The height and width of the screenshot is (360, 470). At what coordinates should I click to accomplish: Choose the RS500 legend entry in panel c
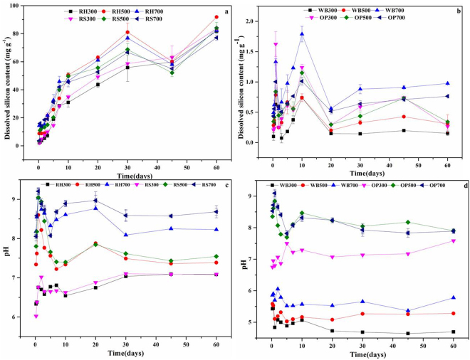(x=179, y=184)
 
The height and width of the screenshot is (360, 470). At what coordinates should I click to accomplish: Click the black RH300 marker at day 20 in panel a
(x=98, y=85)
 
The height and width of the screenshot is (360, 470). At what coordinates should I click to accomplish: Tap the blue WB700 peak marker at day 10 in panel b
(x=302, y=33)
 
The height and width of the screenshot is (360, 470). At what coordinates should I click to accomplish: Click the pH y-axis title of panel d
(x=245, y=264)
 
